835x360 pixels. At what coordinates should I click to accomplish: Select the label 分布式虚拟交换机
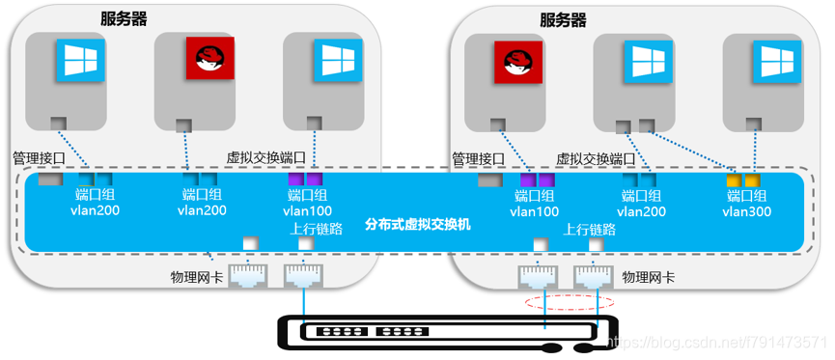coord(418,225)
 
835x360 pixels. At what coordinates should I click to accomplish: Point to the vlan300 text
coord(746,211)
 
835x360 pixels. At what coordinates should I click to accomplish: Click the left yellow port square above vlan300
coord(733,180)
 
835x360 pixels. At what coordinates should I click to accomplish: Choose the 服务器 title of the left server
coord(130,18)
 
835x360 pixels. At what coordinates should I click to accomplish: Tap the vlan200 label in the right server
coord(641,211)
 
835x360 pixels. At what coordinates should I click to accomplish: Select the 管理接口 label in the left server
coord(38,157)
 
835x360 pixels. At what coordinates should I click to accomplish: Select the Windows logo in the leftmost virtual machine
coord(74,60)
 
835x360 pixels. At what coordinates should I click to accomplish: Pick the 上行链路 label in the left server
coord(312,229)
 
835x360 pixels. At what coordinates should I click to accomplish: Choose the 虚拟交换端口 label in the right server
coord(594,157)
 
